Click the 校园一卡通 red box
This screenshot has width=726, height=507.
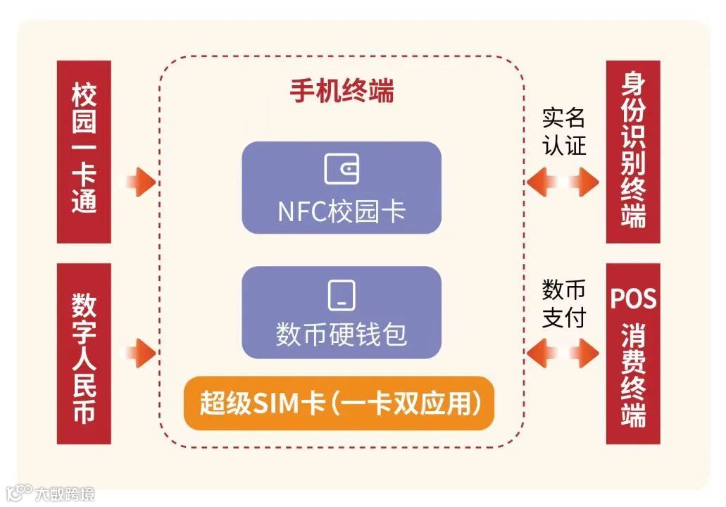pos(84,151)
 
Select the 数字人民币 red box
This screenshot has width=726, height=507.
pos(84,353)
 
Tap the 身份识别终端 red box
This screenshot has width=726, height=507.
pos(633,151)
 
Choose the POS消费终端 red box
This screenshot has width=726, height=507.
pos(633,353)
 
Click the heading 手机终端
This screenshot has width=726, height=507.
pos(342,92)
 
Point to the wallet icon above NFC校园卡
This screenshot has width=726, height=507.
pos(342,169)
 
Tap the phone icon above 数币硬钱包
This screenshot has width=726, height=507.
pos(342,295)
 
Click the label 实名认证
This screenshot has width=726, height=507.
pos(563,132)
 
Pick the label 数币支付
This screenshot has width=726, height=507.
pos(563,303)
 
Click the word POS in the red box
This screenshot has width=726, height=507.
pos(633,299)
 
